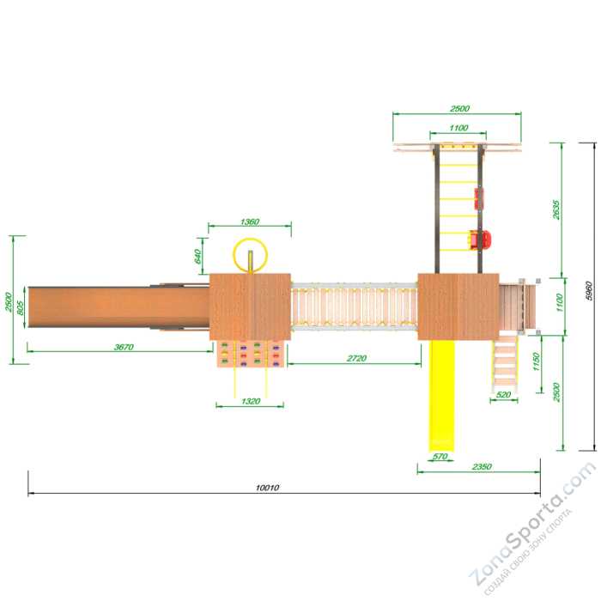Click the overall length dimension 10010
tap(267, 488)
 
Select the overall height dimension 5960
tap(589, 291)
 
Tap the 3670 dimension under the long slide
tap(124, 347)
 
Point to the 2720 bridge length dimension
tap(356, 358)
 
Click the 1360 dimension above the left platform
tap(250, 222)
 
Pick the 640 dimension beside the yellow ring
tap(197, 256)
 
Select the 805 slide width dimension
tap(21, 307)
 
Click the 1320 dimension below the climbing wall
tap(251, 401)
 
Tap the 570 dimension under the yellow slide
tap(440, 456)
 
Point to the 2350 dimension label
tap(482, 466)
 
